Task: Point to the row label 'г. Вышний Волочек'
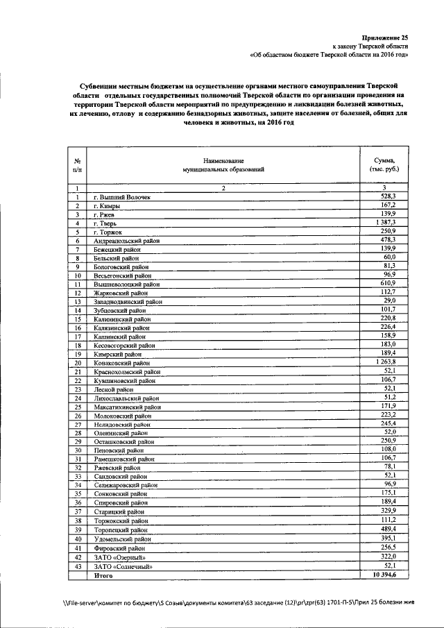pos(122,198)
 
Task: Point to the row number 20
pos(78,362)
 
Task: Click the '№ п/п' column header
pos(78,164)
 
